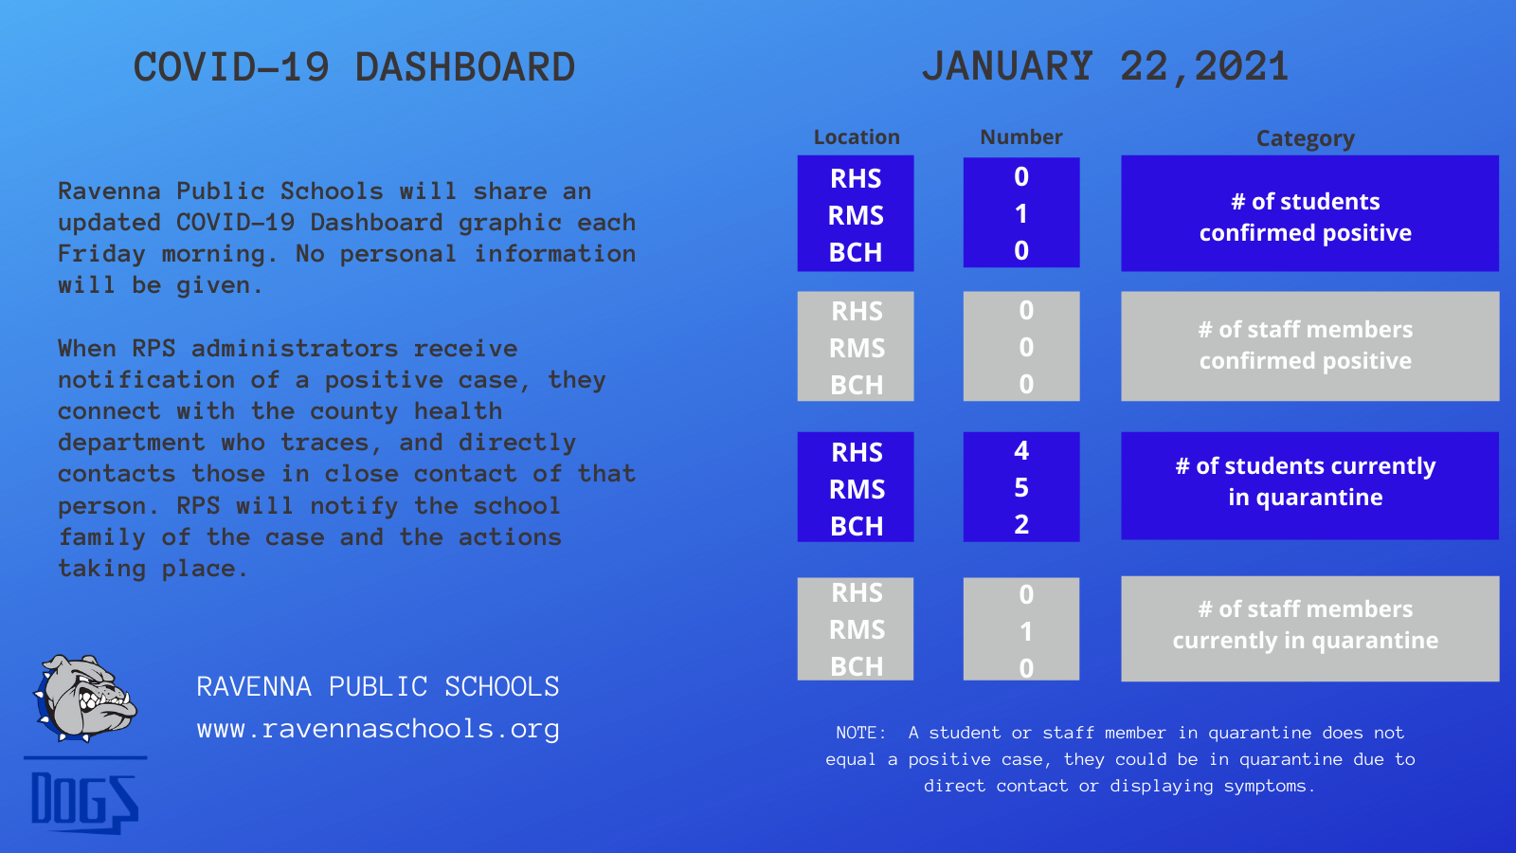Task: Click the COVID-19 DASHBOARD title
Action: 354,67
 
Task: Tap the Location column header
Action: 857,137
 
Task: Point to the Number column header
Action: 1021,137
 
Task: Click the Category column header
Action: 1306,138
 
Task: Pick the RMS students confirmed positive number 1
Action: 1021,214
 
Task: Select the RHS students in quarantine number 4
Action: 1021,451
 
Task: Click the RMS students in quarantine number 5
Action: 1021,487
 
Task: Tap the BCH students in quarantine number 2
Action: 1021,525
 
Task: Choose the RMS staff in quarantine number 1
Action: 1026,631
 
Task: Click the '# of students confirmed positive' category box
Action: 1309,213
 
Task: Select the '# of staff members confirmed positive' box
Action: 1309,346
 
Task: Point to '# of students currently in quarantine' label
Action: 1306,481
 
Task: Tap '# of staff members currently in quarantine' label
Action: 1306,625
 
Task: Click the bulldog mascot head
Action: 85,698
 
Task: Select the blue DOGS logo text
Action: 85,802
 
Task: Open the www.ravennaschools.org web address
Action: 378,729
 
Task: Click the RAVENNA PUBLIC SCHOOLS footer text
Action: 378,686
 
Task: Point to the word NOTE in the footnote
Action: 860,733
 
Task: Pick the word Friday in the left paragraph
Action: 101,254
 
